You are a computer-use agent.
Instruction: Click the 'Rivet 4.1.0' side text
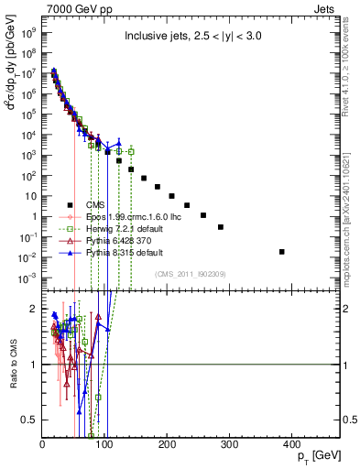[x=352, y=73]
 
